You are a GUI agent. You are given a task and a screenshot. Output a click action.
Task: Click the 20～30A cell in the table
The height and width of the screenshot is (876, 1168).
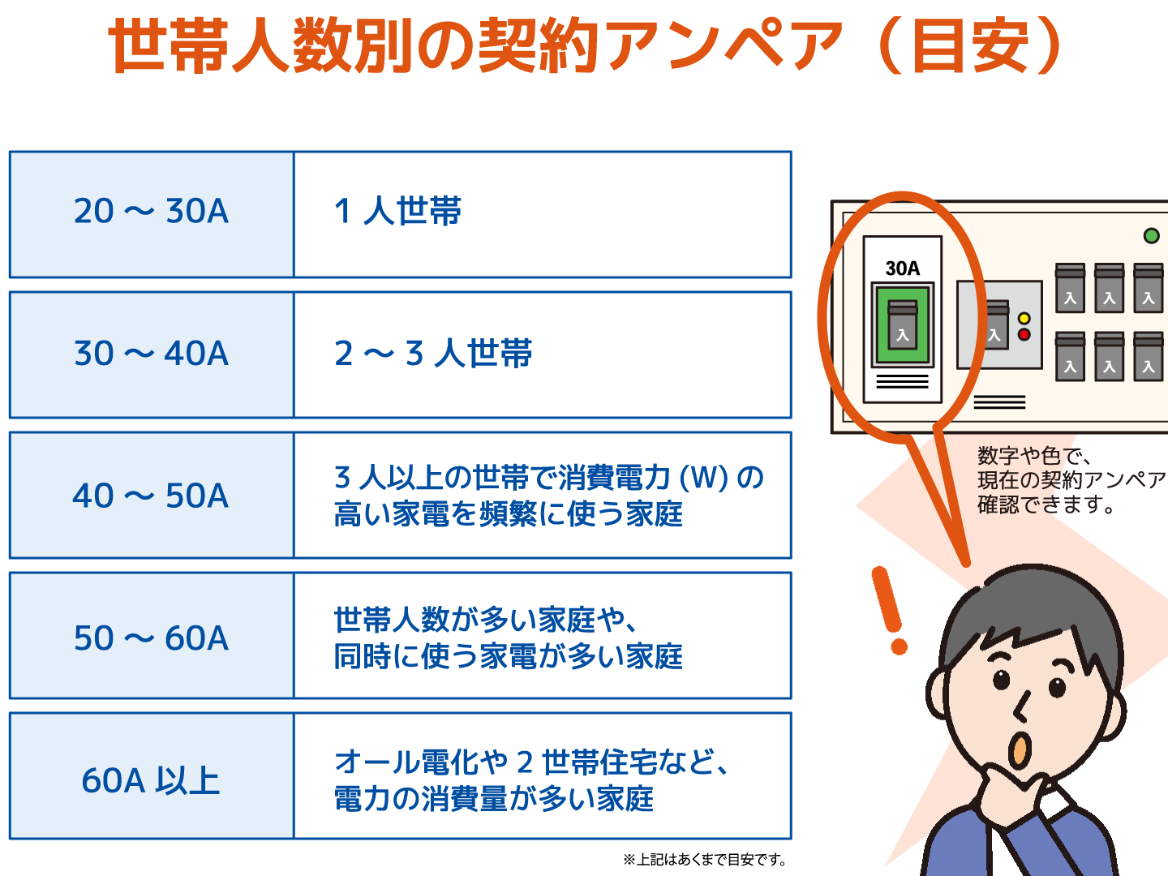pyautogui.click(x=152, y=214)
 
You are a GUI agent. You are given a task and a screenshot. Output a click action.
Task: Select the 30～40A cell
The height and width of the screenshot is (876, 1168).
pyautogui.click(x=152, y=354)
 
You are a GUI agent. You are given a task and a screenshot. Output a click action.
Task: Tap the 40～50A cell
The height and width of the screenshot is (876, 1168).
pyautogui.click(x=152, y=495)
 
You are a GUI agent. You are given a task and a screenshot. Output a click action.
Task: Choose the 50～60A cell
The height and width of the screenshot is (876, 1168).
pyautogui.click(x=152, y=636)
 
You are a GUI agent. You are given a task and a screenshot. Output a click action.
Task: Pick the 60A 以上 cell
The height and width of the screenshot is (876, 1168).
pyautogui.click(x=152, y=776)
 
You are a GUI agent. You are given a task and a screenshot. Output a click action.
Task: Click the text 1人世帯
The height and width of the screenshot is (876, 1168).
pyautogui.click(x=397, y=211)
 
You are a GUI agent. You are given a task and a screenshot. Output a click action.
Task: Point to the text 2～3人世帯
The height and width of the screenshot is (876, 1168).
pyautogui.click(x=432, y=353)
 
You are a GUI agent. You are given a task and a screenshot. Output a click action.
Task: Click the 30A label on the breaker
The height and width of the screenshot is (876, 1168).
pyautogui.click(x=903, y=268)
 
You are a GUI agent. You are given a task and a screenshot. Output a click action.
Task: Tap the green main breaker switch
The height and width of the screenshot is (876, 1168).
pyautogui.click(x=903, y=325)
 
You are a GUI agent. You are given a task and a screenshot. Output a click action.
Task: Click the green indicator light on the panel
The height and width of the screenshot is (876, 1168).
pyautogui.click(x=1152, y=235)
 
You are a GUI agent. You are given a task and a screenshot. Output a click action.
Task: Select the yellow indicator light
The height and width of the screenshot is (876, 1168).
pyautogui.click(x=1024, y=319)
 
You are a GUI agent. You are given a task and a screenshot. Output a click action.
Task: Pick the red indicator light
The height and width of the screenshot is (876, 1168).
pyautogui.click(x=1024, y=334)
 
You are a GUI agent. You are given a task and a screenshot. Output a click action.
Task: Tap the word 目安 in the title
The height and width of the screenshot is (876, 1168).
pyautogui.click(x=970, y=45)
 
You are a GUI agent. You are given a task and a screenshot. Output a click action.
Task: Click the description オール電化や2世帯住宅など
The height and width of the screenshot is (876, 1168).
pyautogui.click(x=530, y=762)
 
